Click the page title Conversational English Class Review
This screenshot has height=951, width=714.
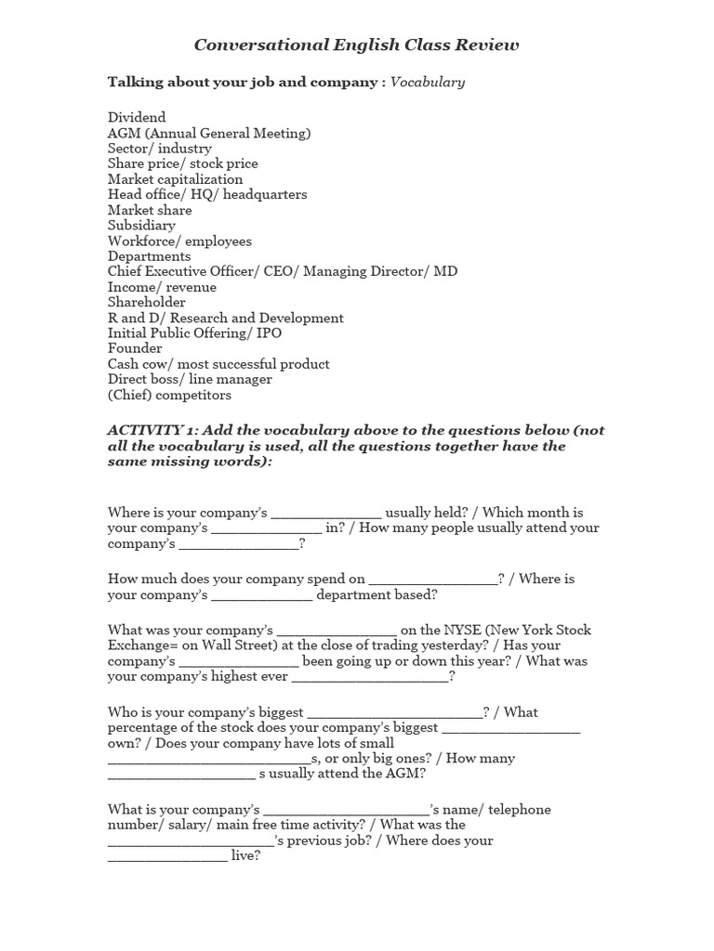point(357,45)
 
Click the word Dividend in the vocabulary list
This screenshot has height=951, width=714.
point(137,118)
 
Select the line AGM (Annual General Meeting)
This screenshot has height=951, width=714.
point(209,133)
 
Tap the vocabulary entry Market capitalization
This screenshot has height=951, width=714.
point(175,179)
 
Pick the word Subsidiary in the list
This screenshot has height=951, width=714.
point(141,226)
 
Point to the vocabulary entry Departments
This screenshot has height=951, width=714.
point(149,256)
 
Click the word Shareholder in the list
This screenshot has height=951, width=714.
point(146,303)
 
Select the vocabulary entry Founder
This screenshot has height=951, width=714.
point(135,348)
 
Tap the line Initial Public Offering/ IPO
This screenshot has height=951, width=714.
point(194,333)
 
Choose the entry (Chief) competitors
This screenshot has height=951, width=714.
point(169,395)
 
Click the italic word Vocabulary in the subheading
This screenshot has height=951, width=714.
point(428,83)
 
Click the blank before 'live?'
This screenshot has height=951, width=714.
point(167,857)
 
